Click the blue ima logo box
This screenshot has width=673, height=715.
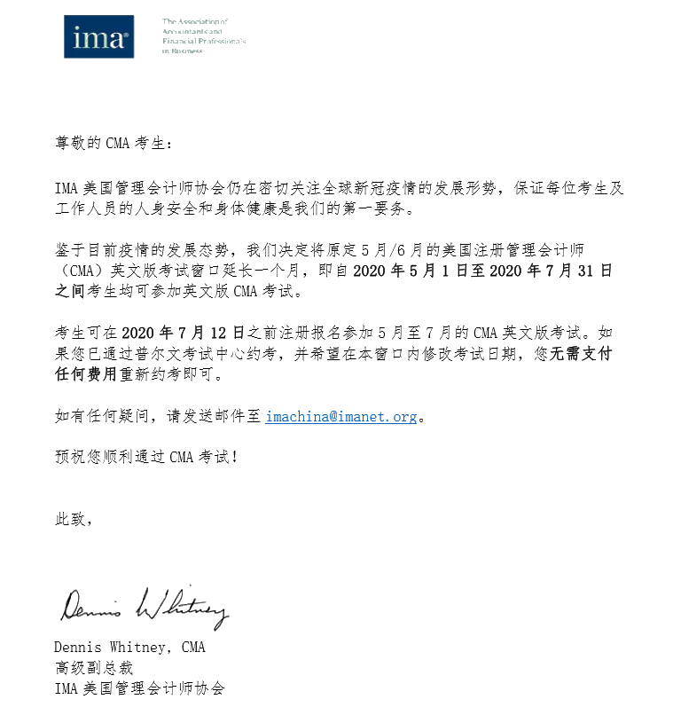pos(98,36)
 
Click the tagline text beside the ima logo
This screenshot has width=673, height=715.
pos(203,35)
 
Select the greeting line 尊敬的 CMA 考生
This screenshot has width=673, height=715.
pos(109,143)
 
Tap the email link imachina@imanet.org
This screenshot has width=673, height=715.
pos(341,416)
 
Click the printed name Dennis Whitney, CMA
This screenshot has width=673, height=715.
pos(129,647)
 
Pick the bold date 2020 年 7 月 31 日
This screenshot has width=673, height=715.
pos(551,271)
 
